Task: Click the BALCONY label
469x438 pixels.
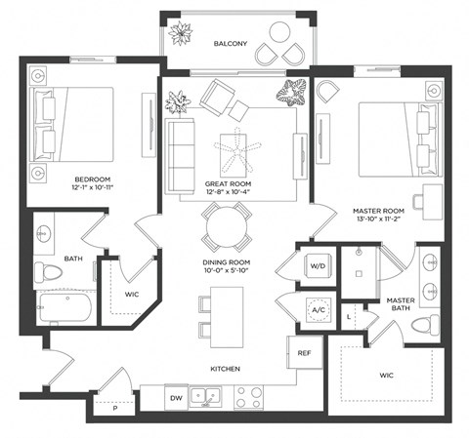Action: coord(231,43)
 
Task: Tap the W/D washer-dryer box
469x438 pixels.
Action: coord(318,265)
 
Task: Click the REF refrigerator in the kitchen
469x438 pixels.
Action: coord(304,353)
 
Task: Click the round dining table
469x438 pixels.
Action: coord(231,229)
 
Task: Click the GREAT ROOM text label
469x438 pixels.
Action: coord(230,183)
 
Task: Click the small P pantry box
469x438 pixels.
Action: coord(114,409)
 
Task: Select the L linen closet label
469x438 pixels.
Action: coord(350,317)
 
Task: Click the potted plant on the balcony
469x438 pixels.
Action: coord(180,34)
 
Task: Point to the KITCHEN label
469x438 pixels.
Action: coord(224,369)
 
